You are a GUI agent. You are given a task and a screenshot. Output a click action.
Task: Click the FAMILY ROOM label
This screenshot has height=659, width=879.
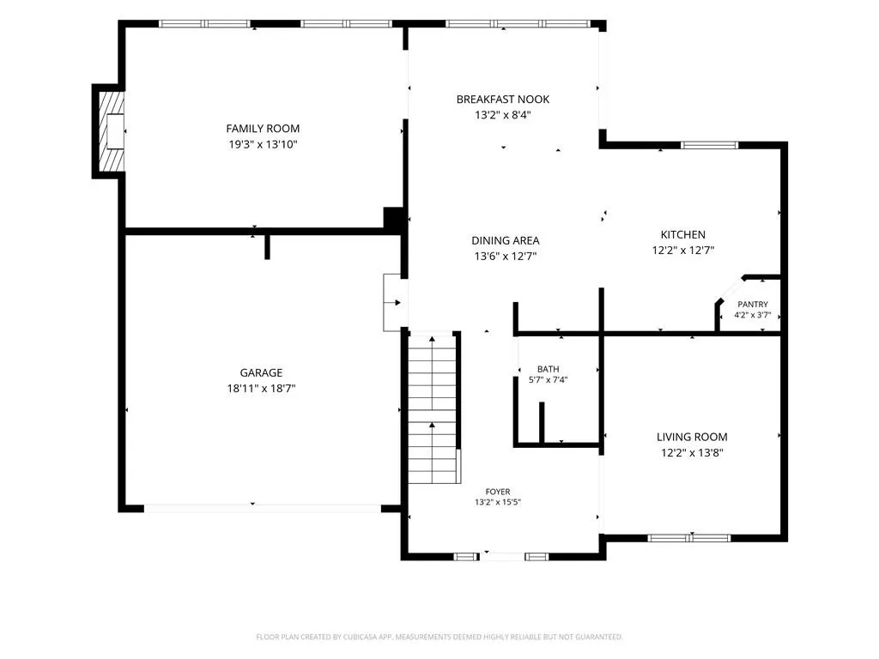tap(263, 129)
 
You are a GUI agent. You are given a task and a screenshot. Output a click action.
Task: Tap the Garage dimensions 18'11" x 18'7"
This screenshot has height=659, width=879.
tap(261, 389)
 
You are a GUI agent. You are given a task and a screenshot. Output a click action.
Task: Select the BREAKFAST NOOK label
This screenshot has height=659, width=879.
tap(503, 100)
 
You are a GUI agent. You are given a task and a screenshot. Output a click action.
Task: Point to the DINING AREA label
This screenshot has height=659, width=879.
tap(505, 240)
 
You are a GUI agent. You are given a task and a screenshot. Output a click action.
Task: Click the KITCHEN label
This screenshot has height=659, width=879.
tap(682, 234)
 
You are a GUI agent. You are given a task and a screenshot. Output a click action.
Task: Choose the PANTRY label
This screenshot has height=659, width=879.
tap(753, 305)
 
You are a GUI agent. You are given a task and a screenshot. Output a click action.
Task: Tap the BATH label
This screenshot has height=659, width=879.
tap(549, 369)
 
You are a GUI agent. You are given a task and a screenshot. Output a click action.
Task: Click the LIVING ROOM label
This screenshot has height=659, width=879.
tap(692, 437)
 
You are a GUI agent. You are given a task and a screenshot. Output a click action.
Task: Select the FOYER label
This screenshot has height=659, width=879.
tap(498, 492)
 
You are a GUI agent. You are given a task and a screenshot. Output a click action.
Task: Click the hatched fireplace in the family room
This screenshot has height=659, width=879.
tap(112, 131)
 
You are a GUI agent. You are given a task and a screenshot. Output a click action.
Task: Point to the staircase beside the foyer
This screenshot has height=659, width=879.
tap(433, 408)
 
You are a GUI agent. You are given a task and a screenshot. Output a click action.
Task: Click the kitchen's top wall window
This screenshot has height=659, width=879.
tap(709, 145)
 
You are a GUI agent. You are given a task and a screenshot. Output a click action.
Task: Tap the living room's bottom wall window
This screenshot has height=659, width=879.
tap(689, 538)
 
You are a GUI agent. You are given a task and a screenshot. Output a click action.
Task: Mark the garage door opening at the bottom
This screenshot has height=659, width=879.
tap(263, 508)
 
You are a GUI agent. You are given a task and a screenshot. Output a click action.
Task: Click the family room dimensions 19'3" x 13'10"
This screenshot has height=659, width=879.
tap(263, 144)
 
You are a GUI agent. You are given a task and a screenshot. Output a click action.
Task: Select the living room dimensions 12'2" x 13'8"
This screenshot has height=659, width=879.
tap(692, 453)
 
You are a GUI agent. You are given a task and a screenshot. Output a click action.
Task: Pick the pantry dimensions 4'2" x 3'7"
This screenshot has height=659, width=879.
tap(753, 315)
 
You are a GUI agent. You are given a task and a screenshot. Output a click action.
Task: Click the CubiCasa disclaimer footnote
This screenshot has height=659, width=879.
tap(439, 637)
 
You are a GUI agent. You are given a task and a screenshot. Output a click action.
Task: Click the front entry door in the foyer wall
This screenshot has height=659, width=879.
tap(502, 556)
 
